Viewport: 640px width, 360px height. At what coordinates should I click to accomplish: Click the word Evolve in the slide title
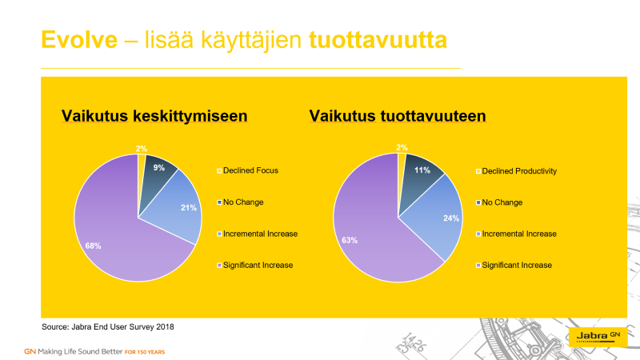(79, 40)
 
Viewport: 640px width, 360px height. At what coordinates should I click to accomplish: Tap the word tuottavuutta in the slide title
(378, 40)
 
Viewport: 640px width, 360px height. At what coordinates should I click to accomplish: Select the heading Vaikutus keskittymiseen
(154, 116)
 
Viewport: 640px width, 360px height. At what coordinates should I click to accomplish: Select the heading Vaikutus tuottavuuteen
(398, 116)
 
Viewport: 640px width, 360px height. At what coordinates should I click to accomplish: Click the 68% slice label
(93, 246)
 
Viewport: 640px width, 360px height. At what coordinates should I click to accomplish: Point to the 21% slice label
(189, 208)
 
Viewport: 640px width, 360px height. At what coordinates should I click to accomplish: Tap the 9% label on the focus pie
(158, 168)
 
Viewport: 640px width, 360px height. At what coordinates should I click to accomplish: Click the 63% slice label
(350, 241)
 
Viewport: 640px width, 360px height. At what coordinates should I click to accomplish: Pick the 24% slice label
(451, 218)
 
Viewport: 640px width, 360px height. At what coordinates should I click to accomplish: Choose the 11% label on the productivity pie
(422, 170)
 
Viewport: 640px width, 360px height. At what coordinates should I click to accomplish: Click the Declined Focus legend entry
(247, 170)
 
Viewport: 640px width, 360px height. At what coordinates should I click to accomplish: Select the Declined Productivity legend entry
(516, 171)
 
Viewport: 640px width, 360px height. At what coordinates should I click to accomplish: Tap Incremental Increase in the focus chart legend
(257, 234)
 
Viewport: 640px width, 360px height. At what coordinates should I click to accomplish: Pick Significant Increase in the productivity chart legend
(514, 266)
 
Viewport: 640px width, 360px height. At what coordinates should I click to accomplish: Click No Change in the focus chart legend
(240, 202)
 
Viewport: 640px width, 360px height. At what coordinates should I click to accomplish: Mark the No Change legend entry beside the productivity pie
(499, 202)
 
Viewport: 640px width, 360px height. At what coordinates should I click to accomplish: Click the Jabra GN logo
(598, 336)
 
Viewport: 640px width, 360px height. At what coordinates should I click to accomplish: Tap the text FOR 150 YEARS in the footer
(145, 352)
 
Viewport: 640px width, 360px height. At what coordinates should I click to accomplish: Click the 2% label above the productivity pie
(402, 147)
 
